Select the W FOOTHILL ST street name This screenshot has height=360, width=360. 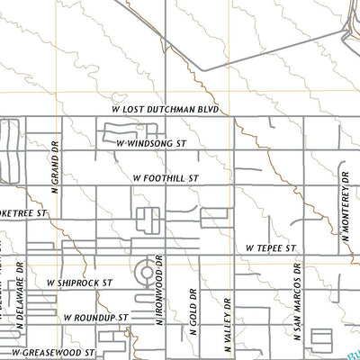[x=164, y=179]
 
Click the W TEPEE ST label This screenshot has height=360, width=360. [x=270, y=247]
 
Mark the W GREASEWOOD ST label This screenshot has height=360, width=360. [x=53, y=351]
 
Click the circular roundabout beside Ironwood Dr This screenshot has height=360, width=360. [x=144, y=271]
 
